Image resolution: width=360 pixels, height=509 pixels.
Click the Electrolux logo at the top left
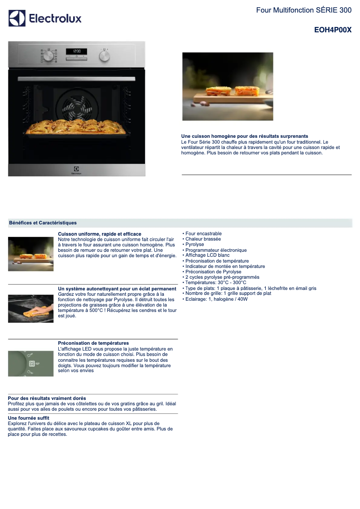(x=45, y=18)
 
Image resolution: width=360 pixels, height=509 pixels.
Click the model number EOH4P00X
(x=333, y=30)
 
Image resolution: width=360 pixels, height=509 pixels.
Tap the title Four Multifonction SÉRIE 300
(x=304, y=10)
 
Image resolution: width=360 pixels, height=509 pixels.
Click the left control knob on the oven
(x=48, y=56)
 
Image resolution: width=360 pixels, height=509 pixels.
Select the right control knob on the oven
(x=104, y=56)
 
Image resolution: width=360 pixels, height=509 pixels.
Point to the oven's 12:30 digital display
(x=77, y=51)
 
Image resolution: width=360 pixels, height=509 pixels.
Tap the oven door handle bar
(x=77, y=79)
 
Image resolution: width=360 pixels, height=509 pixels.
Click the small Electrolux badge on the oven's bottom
(x=77, y=170)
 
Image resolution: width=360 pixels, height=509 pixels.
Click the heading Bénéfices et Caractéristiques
(x=43, y=223)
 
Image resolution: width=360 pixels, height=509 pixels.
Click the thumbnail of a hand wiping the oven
(x=31, y=309)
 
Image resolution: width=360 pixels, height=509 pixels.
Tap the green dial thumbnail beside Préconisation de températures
(x=31, y=364)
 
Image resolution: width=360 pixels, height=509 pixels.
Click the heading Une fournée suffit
(x=29, y=418)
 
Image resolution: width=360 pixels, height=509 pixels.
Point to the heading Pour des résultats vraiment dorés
(x=47, y=398)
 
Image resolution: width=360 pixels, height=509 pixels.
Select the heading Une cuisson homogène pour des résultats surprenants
(x=245, y=136)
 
